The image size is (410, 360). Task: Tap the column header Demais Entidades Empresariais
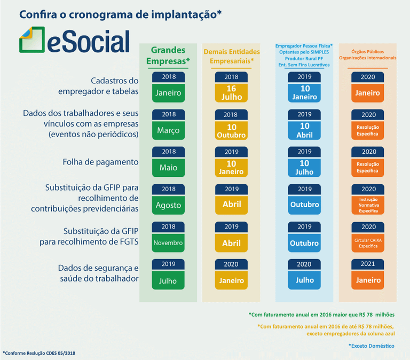[x=231, y=56]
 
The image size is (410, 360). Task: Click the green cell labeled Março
[x=168, y=130]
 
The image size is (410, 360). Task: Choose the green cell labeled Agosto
[x=168, y=205]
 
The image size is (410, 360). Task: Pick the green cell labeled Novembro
[x=168, y=242]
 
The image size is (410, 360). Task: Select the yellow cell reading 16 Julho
[x=231, y=93]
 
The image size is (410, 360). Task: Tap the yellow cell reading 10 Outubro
[x=231, y=130]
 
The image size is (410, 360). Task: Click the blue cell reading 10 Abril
[x=304, y=130]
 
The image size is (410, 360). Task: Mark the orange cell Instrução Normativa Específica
[x=368, y=205]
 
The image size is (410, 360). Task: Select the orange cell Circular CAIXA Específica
[x=368, y=242]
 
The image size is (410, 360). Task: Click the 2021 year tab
[x=368, y=264]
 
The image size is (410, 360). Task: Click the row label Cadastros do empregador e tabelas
[x=98, y=86]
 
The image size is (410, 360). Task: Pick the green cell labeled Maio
[x=168, y=168]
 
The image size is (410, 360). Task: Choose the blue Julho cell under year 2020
[x=304, y=280]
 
